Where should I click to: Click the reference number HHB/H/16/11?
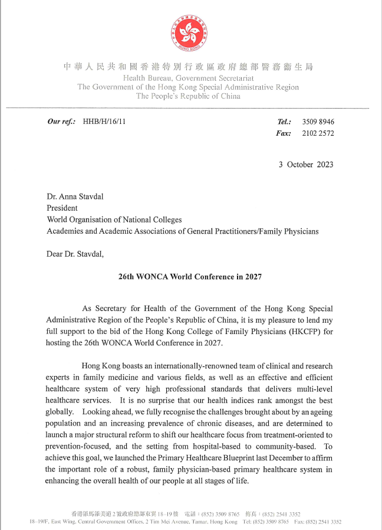tap(104, 122)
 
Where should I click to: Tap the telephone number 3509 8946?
tap(318, 122)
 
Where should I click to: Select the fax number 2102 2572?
tap(318, 133)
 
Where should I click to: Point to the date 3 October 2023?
tap(306, 164)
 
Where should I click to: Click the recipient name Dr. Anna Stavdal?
tap(77, 196)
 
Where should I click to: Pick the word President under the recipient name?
tap(62, 208)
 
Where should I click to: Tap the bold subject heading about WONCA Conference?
tap(190, 276)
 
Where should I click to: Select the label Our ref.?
tap(61, 122)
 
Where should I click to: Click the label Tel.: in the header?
tap(284, 122)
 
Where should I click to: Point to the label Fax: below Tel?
tap(283, 133)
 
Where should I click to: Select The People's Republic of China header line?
tap(188, 96)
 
